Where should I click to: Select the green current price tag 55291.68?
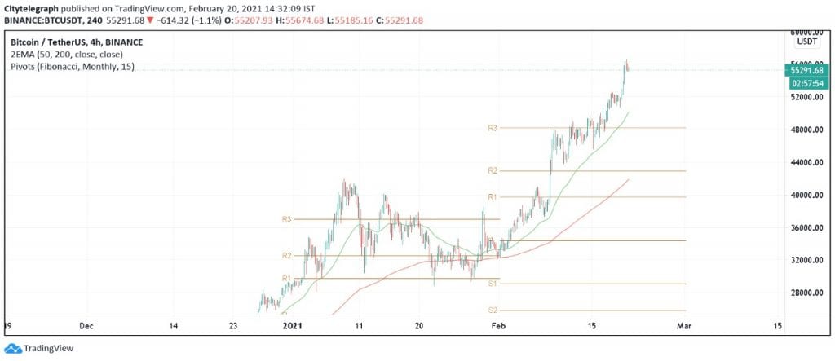[806, 71]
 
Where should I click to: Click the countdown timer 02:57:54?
[806, 82]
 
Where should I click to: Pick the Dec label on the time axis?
[87, 325]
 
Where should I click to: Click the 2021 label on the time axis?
[292, 325]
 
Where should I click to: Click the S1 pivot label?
[493, 284]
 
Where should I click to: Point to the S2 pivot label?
[493, 310]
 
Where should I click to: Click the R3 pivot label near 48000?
[493, 128]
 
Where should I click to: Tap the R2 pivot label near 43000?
[493, 170]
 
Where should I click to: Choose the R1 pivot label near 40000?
[493, 196]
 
